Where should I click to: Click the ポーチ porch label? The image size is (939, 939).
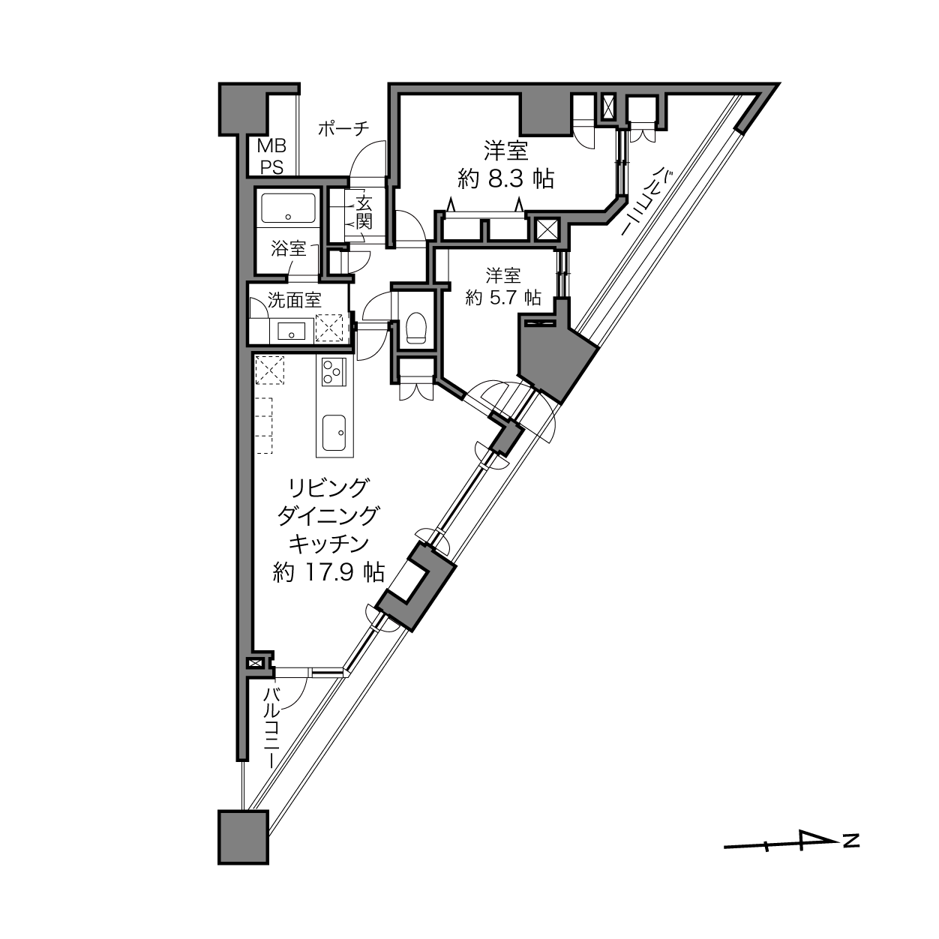(343, 129)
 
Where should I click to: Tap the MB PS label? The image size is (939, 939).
(272, 157)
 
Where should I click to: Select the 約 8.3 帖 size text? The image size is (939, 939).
(505, 179)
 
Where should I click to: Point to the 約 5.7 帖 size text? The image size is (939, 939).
(503, 297)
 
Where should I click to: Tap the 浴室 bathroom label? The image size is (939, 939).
(289, 249)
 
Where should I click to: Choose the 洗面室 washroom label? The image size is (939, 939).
(295, 300)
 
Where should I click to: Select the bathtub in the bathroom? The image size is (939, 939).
(288, 208)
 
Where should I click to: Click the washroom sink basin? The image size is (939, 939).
(292, 331)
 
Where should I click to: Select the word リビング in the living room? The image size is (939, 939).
(328, 488)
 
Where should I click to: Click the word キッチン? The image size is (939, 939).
(328, 544)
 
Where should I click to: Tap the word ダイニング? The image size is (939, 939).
(328, 516)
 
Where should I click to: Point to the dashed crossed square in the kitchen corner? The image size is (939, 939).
(269, 370)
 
